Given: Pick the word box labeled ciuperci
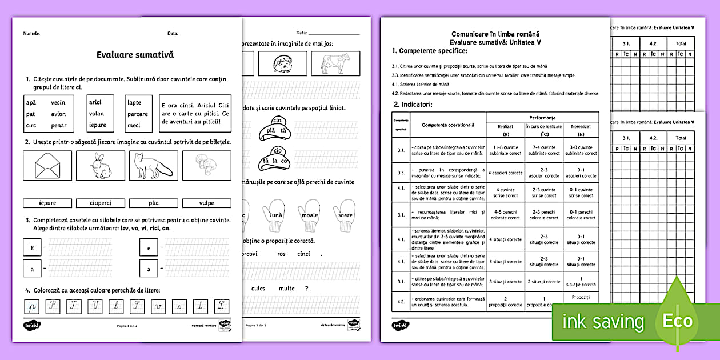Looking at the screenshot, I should click(x=101, y=203).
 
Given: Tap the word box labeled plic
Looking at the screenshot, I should click(x=154, y=203).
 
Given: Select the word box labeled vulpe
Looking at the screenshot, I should click(x=207, y=203).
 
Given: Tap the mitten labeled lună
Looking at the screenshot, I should click(x=278, y=215).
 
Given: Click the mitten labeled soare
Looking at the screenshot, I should click(x=345, y=215).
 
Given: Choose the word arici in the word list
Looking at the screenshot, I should click(x=95, y=102).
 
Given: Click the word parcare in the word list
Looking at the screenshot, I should click(x=138, y=114).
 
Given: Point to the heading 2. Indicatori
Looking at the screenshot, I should click(x=413, y=104).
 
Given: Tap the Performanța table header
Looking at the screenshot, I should click(x=542, y=117).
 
